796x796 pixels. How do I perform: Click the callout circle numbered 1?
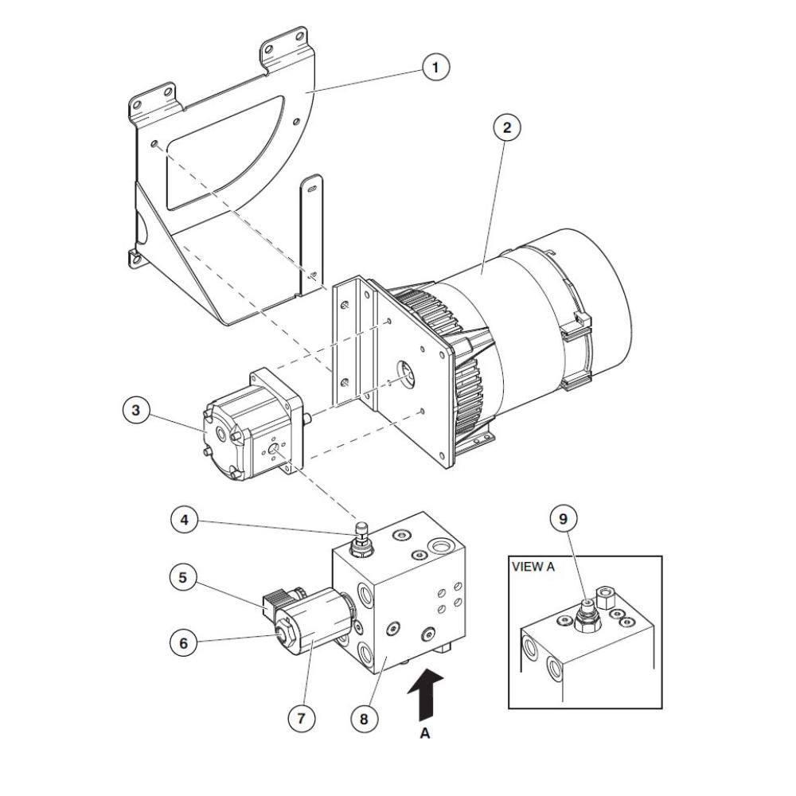[x=435, y=67]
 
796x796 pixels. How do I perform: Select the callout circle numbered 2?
[x=506, y=127]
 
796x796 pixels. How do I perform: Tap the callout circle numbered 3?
[x=136, y=410]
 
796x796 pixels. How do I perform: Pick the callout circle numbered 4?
[x=185, y=519]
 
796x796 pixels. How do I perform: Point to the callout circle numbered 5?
[x=183, y=577]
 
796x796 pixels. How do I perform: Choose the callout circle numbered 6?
[x=183, y=643]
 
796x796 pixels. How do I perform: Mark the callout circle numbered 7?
[x=302, y=718]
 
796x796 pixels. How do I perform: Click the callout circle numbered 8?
[x=364, y=718]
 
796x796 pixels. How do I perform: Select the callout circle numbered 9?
[x=563, y=519]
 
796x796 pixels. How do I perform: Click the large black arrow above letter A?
[x=427, y=694]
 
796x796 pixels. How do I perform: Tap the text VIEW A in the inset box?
[x=533, y=567]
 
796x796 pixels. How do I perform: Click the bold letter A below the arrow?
[x=425, y=734]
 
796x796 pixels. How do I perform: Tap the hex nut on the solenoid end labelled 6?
[x=282, y=632]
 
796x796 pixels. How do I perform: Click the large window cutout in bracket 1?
[x=224, y=152]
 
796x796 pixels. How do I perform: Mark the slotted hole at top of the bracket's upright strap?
[x=312, y=189]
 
